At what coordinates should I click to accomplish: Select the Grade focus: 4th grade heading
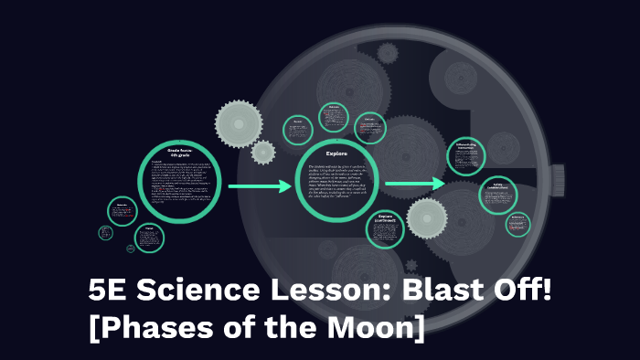[x=179, y=152]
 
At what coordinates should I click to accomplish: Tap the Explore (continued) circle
[x=385, y=228]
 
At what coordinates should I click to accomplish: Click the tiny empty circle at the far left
[x=106, y=233]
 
